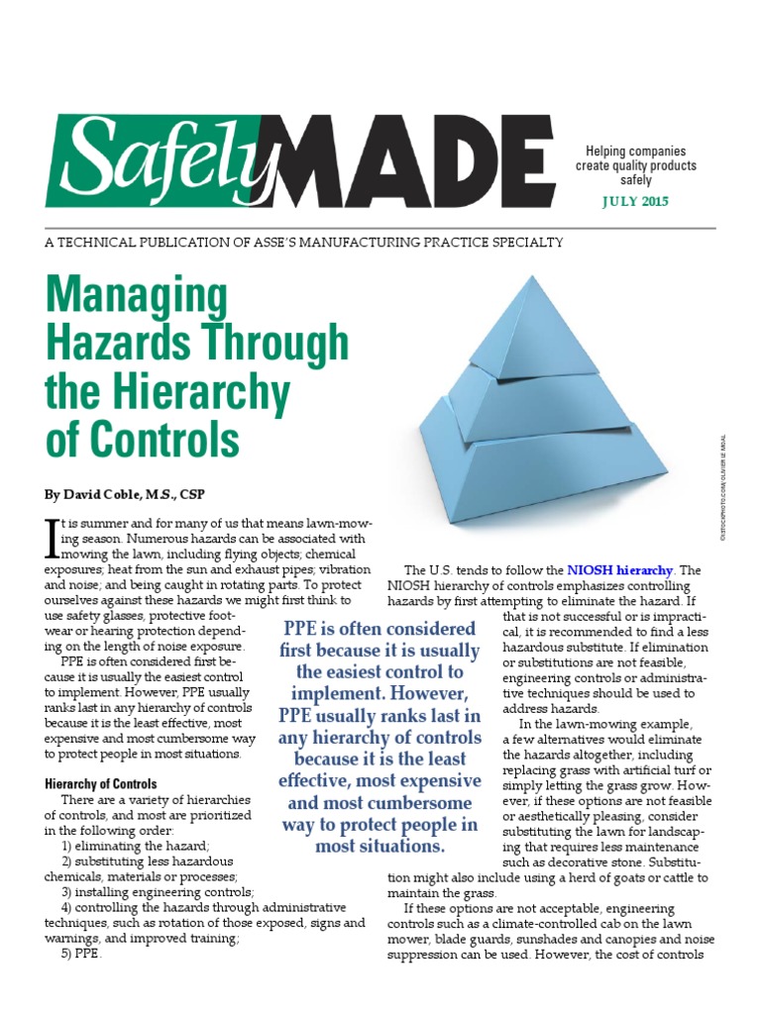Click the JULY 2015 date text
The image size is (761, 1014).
[635, 202]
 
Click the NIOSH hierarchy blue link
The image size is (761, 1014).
[620, 570]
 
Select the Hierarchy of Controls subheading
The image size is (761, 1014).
[101, 784]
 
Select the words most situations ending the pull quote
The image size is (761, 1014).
[380, 848]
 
